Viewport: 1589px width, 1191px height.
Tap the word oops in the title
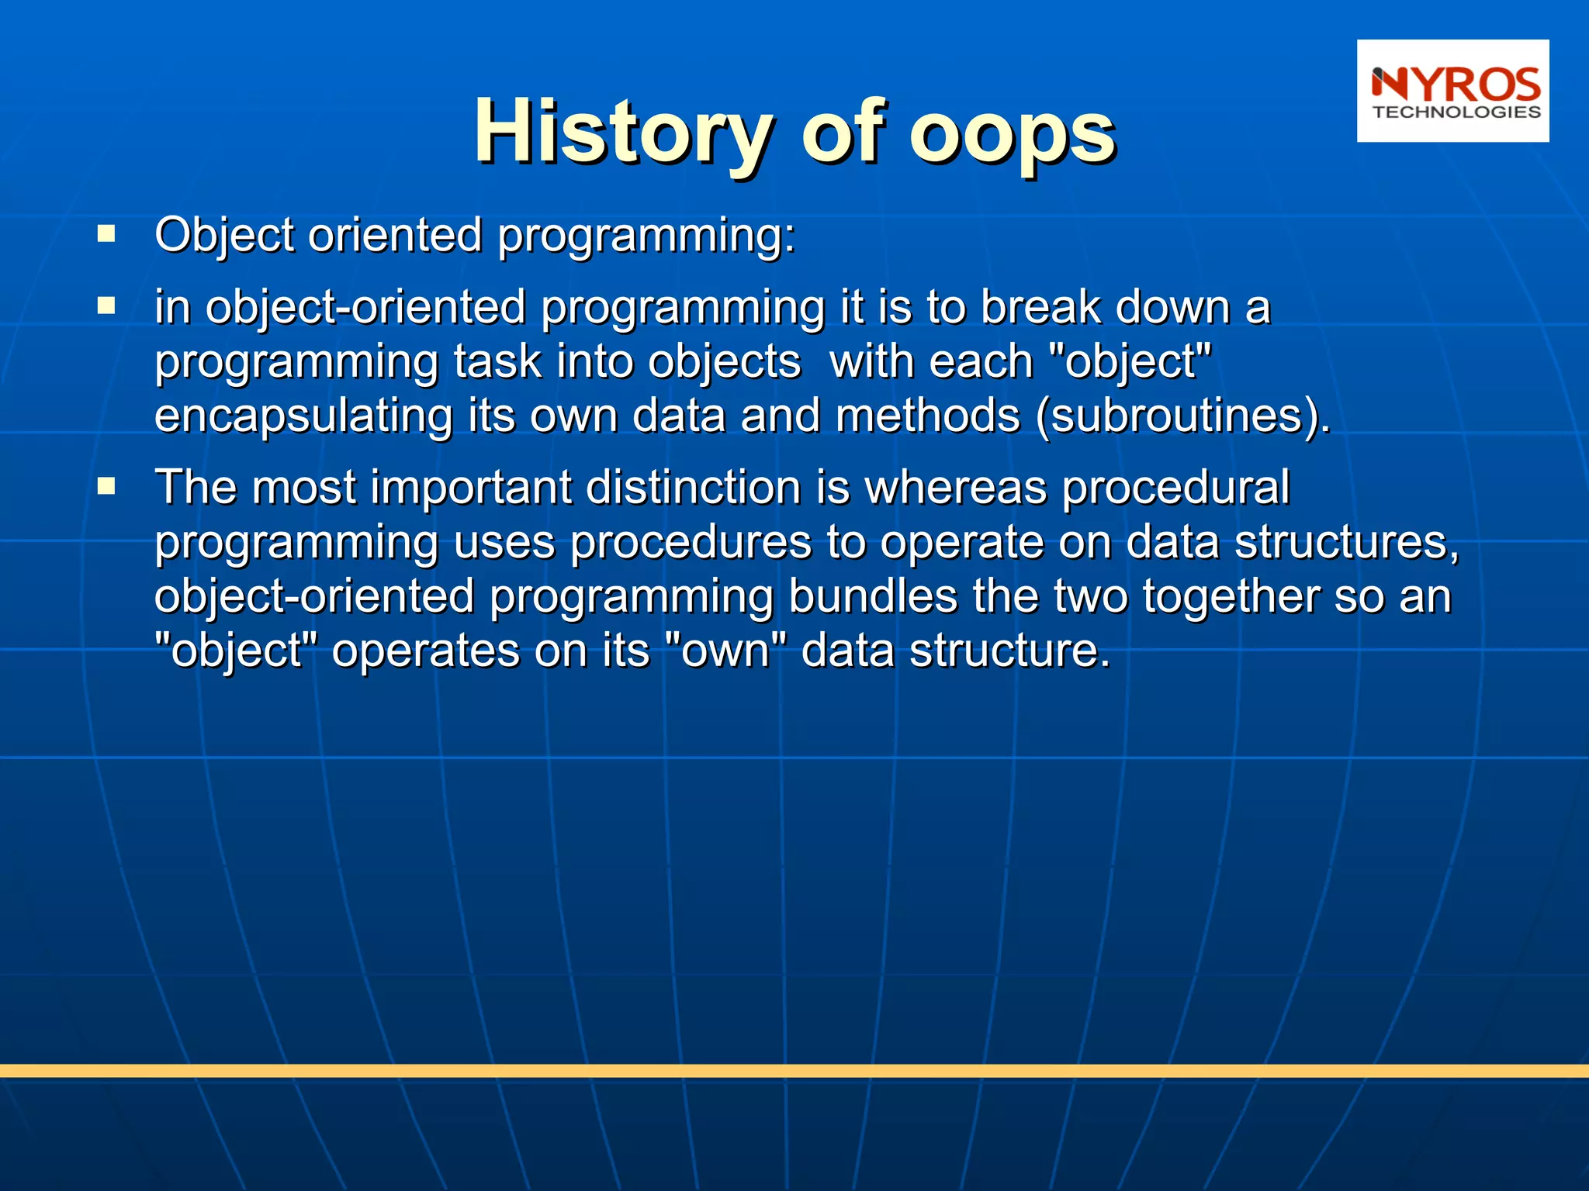coord(1012,133)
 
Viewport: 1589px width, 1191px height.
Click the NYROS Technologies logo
coord(1452,91)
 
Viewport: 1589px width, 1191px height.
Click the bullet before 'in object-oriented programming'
coord(106,306)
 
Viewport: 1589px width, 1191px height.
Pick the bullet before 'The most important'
coord(106,487)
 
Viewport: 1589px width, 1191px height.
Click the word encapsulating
coord(303,416)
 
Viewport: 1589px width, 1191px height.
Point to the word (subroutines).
coord(1182,416)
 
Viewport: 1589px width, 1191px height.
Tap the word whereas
coord(955,488)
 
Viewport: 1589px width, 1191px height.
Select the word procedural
coord(1175,488)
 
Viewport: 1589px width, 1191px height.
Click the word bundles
coord(873,596)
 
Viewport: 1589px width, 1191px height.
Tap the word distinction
coord(693,488)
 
